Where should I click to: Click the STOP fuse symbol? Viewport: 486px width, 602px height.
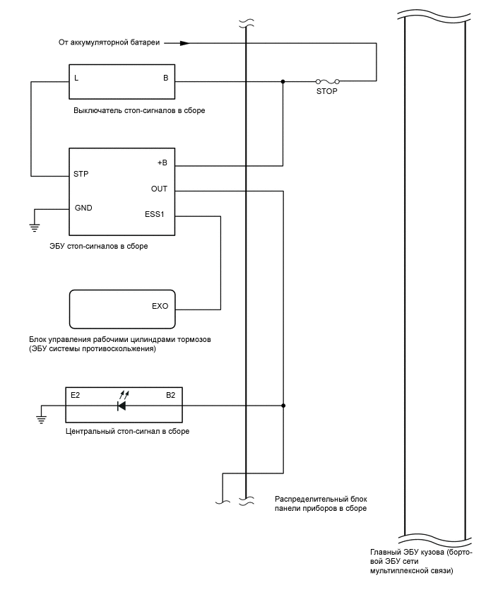(328, 81)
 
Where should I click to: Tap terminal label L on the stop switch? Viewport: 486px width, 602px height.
(76, 78)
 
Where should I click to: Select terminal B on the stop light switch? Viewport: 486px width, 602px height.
(166, 78)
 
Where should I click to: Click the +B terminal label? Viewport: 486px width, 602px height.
(162, 163)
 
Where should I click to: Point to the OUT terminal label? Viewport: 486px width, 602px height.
(159, 189)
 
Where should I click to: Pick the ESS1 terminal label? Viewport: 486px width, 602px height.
(155, 215)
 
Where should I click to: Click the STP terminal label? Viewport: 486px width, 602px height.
(81, 173)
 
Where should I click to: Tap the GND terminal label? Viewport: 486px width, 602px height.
(83, 208)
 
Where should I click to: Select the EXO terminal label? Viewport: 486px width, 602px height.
(160, 307)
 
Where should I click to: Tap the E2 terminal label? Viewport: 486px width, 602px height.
(76, 395)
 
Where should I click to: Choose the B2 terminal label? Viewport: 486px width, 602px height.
(170, 395)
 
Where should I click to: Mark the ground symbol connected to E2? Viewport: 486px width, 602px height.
(42, 419)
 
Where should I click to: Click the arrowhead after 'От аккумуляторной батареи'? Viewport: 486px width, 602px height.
(184, 43)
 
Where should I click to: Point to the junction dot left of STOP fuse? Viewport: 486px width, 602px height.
(283, 81)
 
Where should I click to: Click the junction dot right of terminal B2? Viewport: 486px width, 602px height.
(283, 406)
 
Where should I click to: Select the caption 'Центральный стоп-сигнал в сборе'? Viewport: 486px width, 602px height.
(127, 430)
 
